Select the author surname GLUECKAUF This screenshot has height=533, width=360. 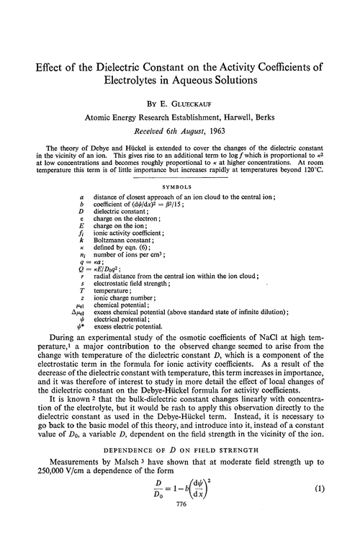tap(202, 96)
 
